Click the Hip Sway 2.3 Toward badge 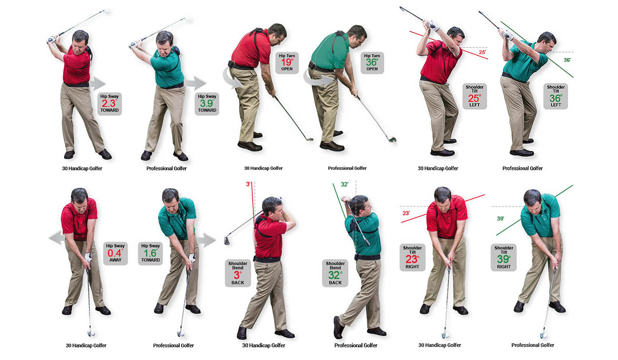pyautogui.click(x=109, y=104)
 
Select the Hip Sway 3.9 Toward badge pyautogui.click(x=207, y=104)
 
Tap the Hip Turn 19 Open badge pyautogui.click(x=287, y=62)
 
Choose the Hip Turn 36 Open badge pyautogui.click(x=372, y=62)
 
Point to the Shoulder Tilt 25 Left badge pyautogui.click(x=475, y=96)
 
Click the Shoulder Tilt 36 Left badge pyautogui.click(x=556, y=96)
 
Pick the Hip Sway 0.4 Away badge pyautogui.click(x=116, y=254)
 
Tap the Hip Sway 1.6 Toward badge pyautogui.click(x=151, y=254)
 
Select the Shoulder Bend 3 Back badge pyautogui.click(x=238, y=273)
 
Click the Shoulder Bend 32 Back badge pyautogui.click(x=335, y=273)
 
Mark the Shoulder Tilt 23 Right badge pyautogui.click(x=413, y=257)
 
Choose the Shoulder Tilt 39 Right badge pyautogui.click(x=504, y=257)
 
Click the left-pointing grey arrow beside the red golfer pyautogui.click(x=57, y=238)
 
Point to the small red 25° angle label pyautogui.click(x=482, y=52)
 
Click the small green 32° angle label pyautogui.click(x=344, y=184)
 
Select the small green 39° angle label pyautogui.click(x=501, y=218)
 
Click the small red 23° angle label pyautogui.click(x=406, y=213)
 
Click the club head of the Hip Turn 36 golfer pyautogui.click(x=392, y=139)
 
